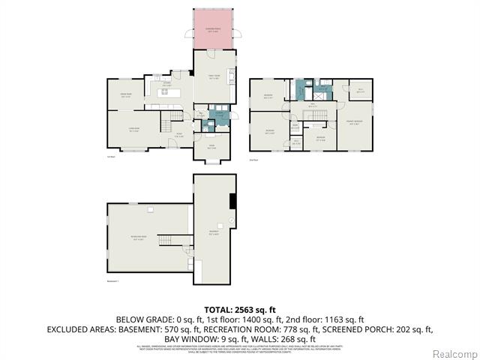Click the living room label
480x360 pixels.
point(134,129)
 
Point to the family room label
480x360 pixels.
point(214,76)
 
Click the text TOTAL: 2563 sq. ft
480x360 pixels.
point(240,309)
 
